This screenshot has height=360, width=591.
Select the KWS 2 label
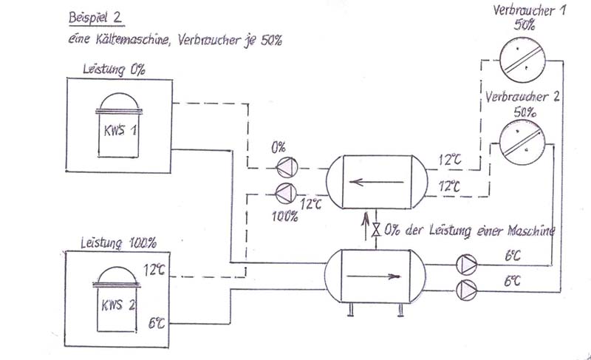point(117,303)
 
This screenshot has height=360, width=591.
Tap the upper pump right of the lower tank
point(466,264)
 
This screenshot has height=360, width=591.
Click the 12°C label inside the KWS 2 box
point(154,271)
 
